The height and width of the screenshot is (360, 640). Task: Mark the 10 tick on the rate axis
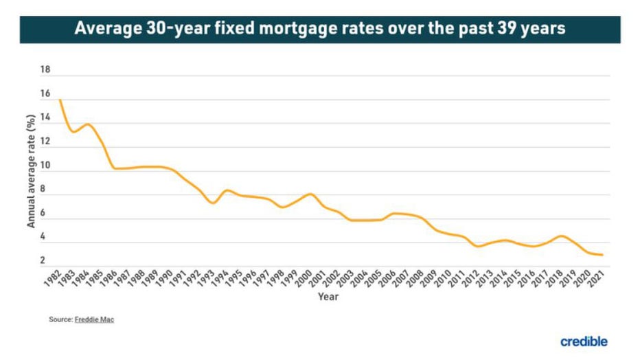(x=46, y=166)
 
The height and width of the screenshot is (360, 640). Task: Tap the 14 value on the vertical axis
(x=46, y=118)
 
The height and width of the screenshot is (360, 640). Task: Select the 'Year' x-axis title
(x=328, y=297)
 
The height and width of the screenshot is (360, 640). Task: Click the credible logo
(x=584, y=341)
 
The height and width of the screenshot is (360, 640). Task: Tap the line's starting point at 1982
(x=60, y=100)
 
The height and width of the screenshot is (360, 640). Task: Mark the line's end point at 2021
(x=602, y=255)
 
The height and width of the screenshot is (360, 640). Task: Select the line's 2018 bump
(x=562, y=236)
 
